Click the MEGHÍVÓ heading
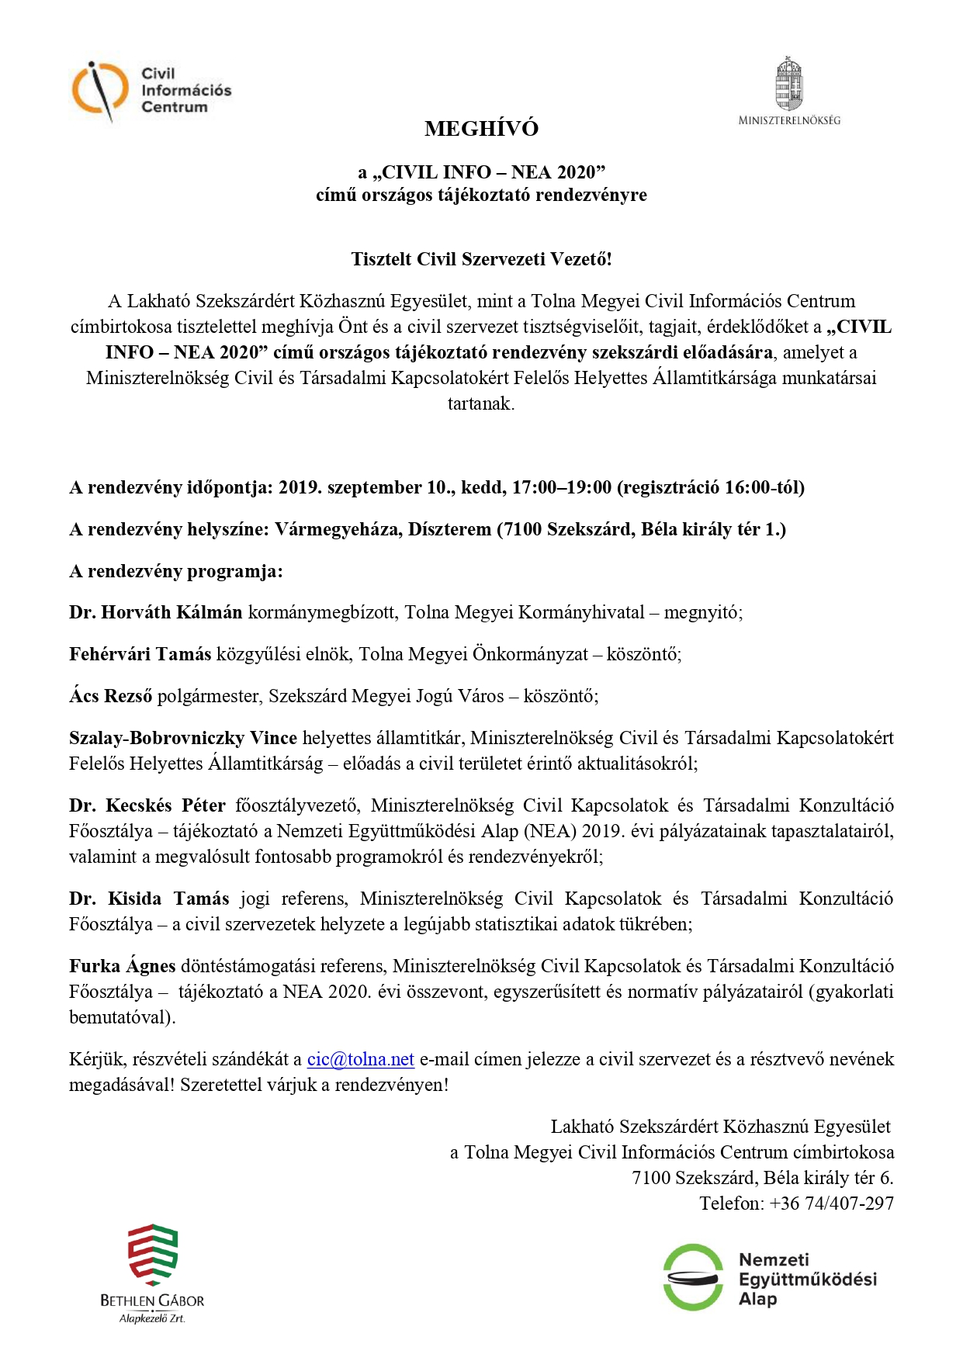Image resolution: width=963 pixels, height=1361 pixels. point(481,129)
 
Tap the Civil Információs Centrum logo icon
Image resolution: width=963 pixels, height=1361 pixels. point(99,91)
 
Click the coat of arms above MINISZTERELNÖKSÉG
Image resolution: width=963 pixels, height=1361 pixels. point(788,84)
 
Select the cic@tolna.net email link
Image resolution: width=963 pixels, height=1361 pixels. point(360,1059)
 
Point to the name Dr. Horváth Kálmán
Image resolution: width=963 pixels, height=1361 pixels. point(155,612)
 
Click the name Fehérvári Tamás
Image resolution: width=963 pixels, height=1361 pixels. point(140,654)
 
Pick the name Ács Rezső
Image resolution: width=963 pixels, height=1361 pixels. point(111,696)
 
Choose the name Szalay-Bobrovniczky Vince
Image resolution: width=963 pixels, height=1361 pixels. point(183,738)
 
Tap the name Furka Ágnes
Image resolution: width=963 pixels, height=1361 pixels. point(123,966)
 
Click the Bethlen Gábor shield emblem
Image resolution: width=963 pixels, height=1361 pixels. point(153,1255)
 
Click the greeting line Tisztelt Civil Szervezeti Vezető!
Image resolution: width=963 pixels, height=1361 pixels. point(481,259)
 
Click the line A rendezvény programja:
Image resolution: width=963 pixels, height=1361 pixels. point(176,571)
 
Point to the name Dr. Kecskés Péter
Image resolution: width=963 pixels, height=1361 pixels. point(147,805)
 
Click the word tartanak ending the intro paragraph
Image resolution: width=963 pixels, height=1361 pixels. point(480,403)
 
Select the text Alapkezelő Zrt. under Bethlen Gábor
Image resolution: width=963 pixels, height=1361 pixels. point(152,1318)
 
